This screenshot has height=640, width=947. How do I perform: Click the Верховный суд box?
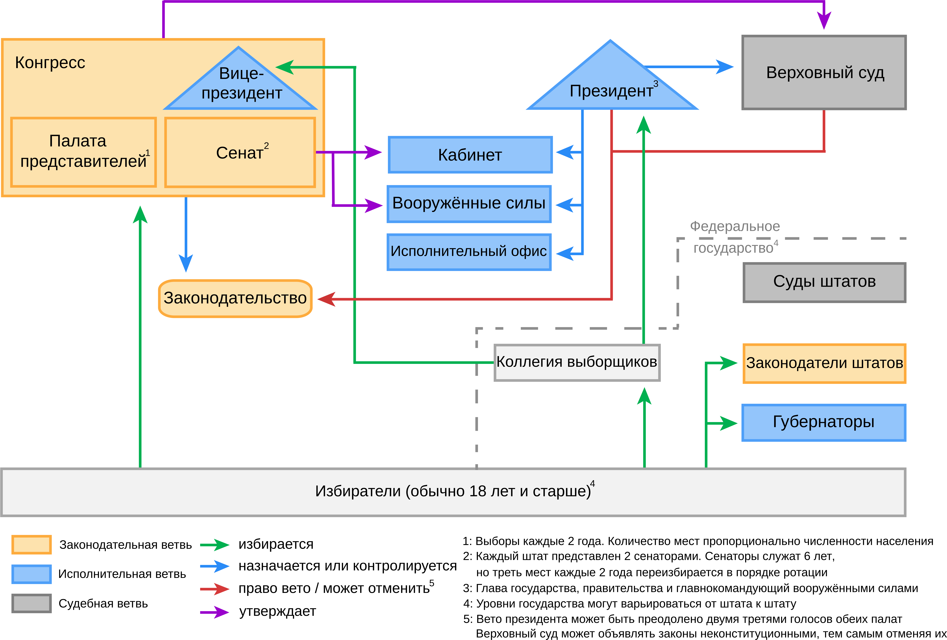click(x=824, y=73)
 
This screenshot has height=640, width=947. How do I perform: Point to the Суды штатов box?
click(x=824, y=282)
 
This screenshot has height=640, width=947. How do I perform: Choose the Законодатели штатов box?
click(x=824, y=363)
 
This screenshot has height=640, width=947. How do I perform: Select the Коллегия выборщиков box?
click(x=577, y=362)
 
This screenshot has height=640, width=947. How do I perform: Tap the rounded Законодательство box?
click(x=235, y=298)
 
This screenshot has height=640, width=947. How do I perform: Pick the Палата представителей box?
click(x=84, y=152)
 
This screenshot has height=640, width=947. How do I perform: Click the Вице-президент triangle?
click(x=240, y=86)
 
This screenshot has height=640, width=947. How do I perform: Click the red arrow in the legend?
click(x=215, y=589)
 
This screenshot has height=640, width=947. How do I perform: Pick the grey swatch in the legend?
click(x=31, y=603)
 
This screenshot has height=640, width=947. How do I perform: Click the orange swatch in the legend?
click(x=31, y=545)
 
